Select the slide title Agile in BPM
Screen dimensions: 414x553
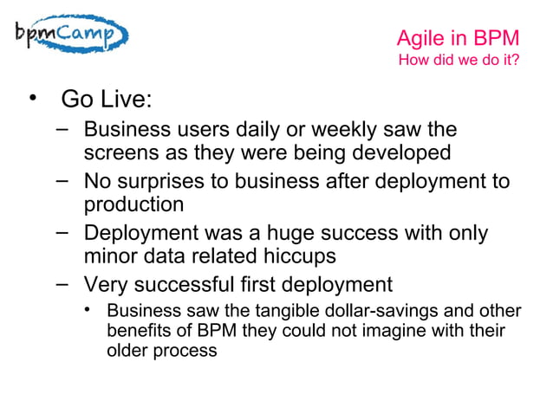(458, 38)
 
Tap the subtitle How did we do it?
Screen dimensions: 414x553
(459, 61)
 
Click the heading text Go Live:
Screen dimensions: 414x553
(107, 100)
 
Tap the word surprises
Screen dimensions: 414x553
(161, 183)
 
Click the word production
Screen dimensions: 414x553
(133, 205)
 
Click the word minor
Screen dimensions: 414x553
(109, 257)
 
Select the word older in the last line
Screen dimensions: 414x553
(127, 352)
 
